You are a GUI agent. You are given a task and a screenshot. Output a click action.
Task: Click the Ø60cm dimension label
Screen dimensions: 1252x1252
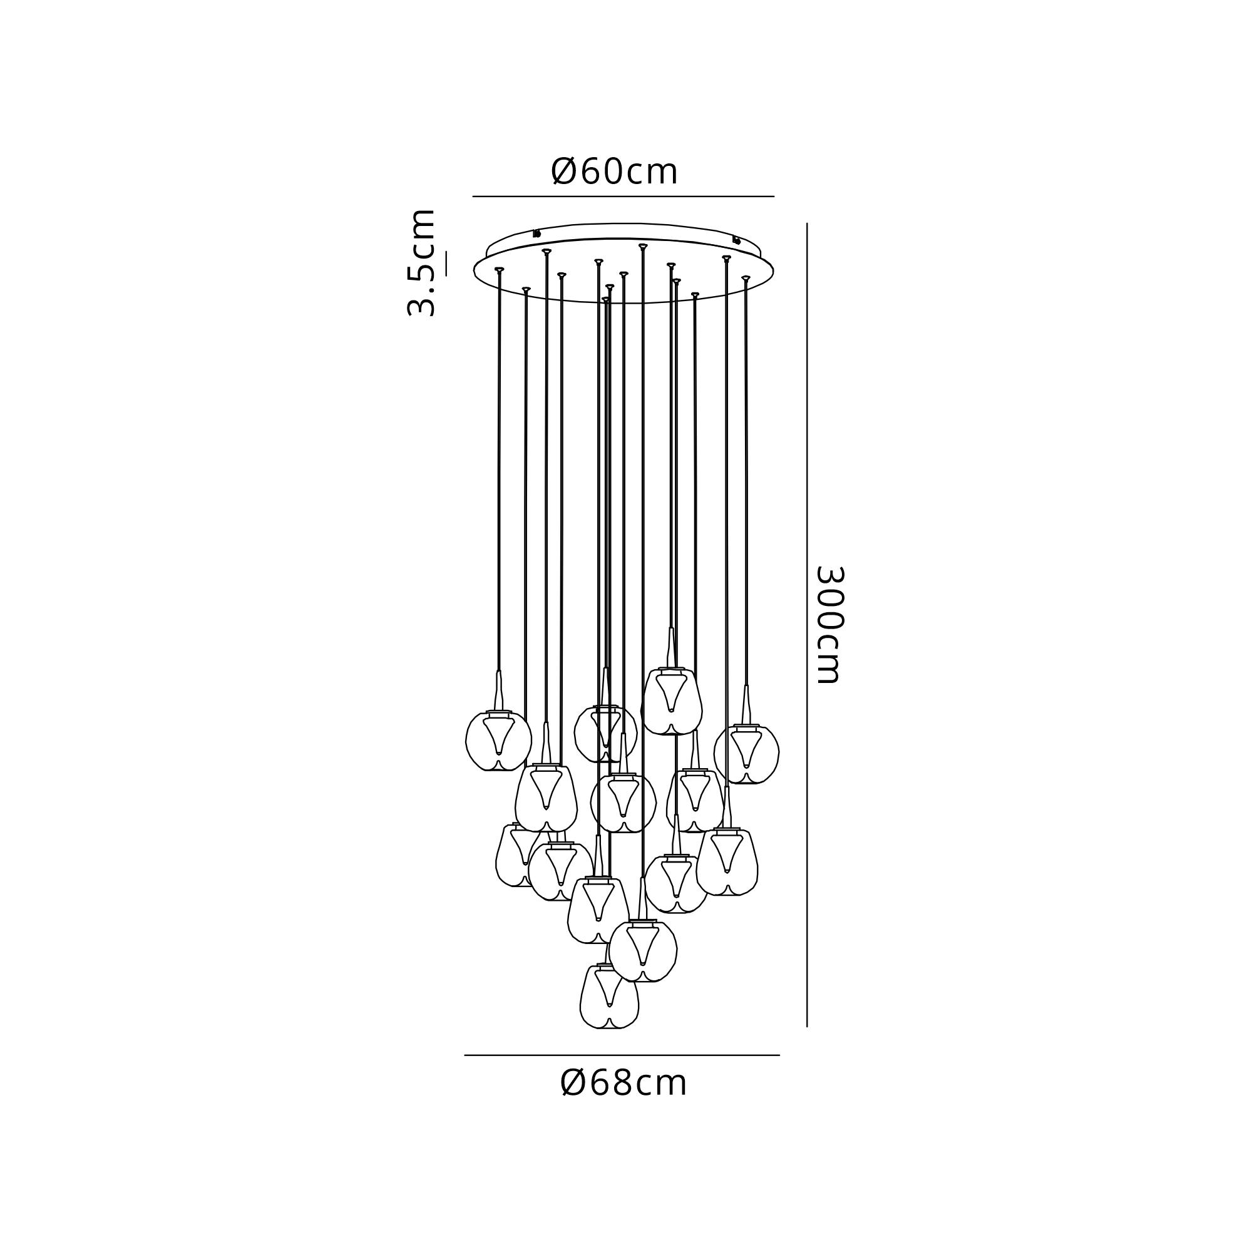(614, 172)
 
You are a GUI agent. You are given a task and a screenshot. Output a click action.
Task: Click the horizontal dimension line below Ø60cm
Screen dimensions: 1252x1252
(623, 196)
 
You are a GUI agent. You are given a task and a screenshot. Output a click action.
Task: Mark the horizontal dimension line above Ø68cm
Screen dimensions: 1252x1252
(622, 1055)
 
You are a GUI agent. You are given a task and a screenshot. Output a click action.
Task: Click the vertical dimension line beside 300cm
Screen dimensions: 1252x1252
(807, 625)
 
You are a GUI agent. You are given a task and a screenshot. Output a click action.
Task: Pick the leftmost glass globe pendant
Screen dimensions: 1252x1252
(497, 741)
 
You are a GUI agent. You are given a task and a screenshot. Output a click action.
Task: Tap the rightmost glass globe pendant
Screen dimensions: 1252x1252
(747, 753)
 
